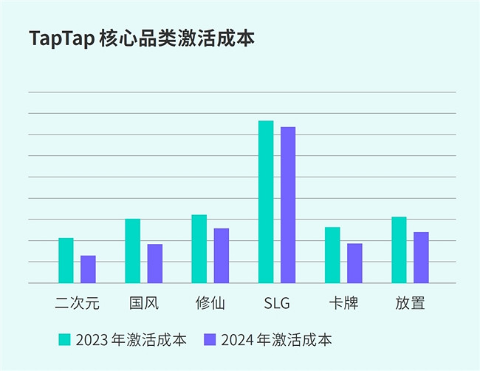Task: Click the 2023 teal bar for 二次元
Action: pyautogui.click(x=66, y=260)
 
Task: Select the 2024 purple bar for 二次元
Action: pyautogui.click(x=88, y=269)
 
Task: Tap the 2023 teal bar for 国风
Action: pyautogui.click(x=132, y=251)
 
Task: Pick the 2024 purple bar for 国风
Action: pyautogui.click(x=154, y=263)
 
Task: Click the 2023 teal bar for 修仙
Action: pyautogui.click(x=199, y=248)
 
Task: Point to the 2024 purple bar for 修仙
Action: pyautogui.click(x=221, y=255)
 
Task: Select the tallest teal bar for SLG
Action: pyautogui.click(x=266, y=201)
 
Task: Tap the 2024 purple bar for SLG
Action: pyautogui.click(x=288, y=205)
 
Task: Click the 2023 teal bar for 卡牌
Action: pyautogui.click(x=332, y=254)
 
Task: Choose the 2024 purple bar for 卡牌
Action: pyautogui.click(x=354, y=263)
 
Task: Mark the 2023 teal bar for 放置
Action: pyautogui.click(x=399, y=250)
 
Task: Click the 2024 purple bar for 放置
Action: pyautogui.click(x=421, y=257)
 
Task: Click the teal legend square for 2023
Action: pyautogui.click(x=65, y=340)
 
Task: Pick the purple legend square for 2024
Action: pyautogui.click(x=210, y=340)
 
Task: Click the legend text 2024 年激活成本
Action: pyautogui.click(x=276, y=340)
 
